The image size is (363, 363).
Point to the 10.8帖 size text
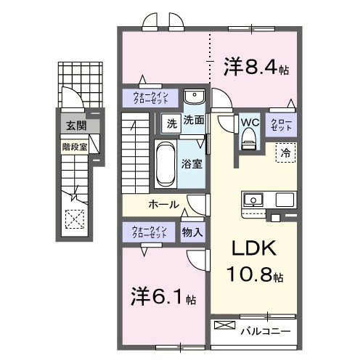click(258, 276)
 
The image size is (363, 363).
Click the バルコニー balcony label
click(266, 332)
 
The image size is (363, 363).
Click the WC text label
click(250, 121)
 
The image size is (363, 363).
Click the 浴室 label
click(192, 164)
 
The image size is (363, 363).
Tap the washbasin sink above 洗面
click(193, 98)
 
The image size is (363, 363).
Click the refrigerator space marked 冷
click(285, 153)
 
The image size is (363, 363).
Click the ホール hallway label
click(164, 205)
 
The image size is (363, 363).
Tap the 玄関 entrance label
click(75, 126)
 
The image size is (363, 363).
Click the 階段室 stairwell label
click(74, 145)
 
